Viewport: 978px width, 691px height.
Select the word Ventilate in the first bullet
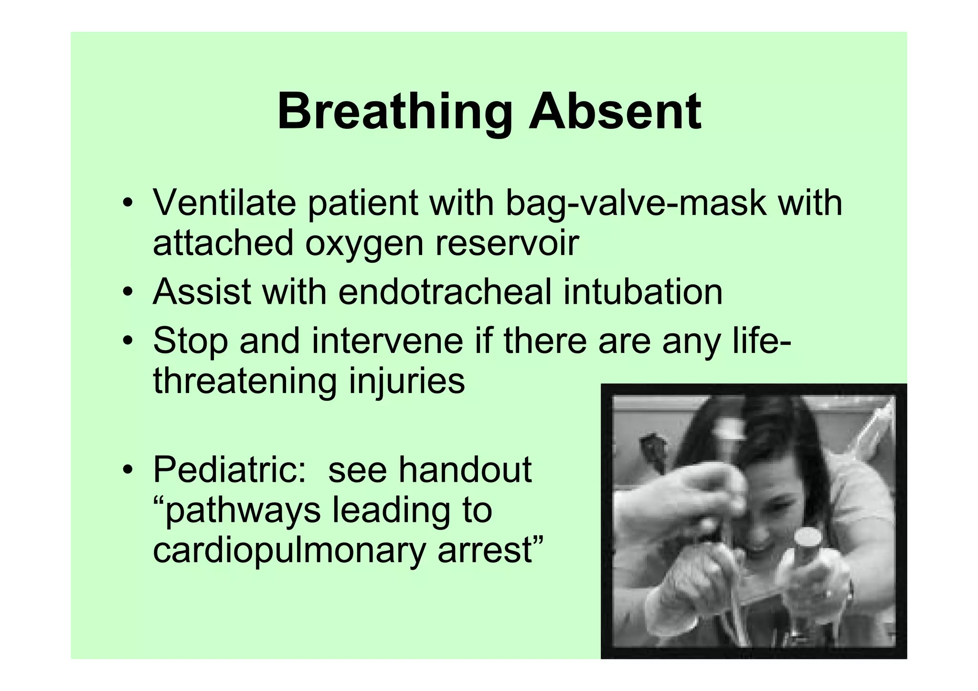click(224, 203)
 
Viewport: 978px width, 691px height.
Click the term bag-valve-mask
click(636, 203)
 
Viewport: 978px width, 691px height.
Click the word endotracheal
click(445, 292)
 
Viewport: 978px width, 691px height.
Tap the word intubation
click(642, 292)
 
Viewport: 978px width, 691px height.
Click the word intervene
click(387, 341)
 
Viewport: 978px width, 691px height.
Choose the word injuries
click(407, 381)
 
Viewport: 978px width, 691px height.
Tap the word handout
click(465, 470)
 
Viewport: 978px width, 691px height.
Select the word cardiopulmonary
click(289, 551)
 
